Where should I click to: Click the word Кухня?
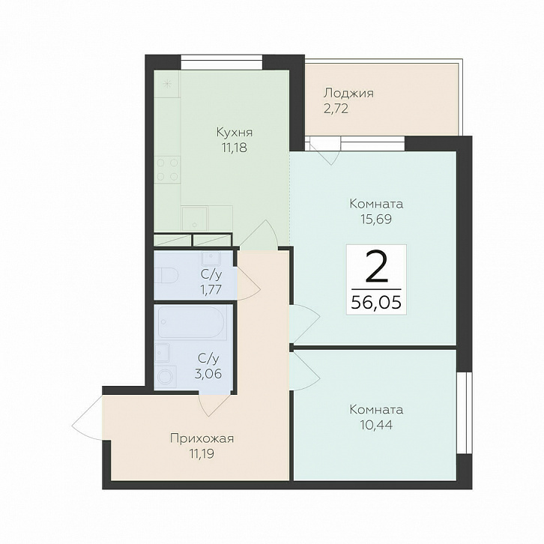point(235,132)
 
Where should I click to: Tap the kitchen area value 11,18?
point(235,148)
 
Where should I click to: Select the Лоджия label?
point(348,94)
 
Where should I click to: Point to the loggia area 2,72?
point(336,109)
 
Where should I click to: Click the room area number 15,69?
point(376,220)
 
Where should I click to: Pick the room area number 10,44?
point(376,425)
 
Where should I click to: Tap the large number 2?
point(376,267)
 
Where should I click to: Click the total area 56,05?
point(376,302)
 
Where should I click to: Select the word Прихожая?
point(202,439)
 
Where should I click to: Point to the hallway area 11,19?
point(202,453)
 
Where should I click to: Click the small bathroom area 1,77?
point(211,289)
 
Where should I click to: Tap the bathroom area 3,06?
point(208,374)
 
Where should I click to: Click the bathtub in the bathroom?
point(192,322)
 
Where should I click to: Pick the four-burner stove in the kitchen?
point(168,169)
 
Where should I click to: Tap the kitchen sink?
point(194,218)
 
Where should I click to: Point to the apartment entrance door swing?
point(87,418)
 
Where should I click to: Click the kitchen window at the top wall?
point(221,63)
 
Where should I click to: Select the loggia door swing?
point(324,151)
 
